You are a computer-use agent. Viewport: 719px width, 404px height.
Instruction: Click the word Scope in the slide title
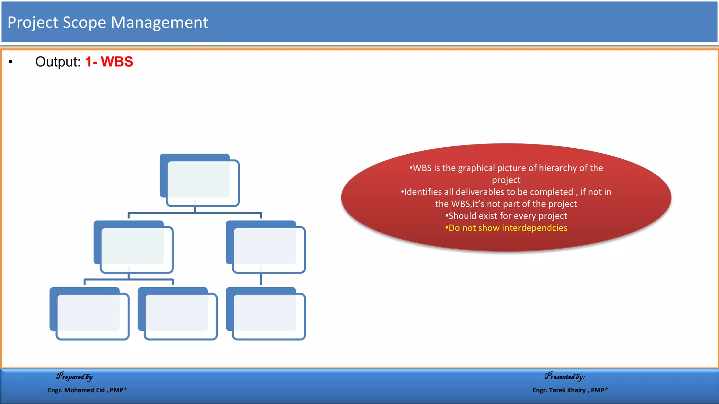[x=84, y=22]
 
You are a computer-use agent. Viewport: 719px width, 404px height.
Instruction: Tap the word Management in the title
[x=159, y=22]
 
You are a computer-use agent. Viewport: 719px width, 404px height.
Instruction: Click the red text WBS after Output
[x=117, y=62]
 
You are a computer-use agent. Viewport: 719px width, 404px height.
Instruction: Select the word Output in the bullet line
[x=58, y=62]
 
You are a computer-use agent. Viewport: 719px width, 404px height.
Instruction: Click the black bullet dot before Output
[x=11, y=62]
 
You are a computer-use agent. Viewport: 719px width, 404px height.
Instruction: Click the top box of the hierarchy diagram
[x=199, y=180]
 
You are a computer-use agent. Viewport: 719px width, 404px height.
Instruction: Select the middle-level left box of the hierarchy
[x=133, y=247]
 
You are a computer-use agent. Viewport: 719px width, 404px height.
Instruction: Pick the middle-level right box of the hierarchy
[x=265, y=247]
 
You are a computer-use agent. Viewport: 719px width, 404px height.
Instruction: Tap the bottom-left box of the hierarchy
[x=89, y=314]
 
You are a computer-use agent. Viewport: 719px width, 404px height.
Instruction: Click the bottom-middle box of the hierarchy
[x=178, y=314]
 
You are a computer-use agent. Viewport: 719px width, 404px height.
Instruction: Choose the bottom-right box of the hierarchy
[x=265, y=314]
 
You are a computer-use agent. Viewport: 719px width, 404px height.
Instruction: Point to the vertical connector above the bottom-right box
[x=261, y=279]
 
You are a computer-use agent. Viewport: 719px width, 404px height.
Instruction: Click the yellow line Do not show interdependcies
[x=506, y=228]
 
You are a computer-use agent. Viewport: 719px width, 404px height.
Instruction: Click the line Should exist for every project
[x=506, y=216]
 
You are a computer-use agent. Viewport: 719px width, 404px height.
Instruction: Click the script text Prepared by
[x=74, y=377]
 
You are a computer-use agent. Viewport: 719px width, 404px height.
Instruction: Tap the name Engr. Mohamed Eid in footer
[x=77, y=390]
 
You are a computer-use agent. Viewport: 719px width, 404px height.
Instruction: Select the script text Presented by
[x=565, y=377]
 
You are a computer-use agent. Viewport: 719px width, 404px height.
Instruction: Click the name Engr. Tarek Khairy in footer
[x=560, y=390]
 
